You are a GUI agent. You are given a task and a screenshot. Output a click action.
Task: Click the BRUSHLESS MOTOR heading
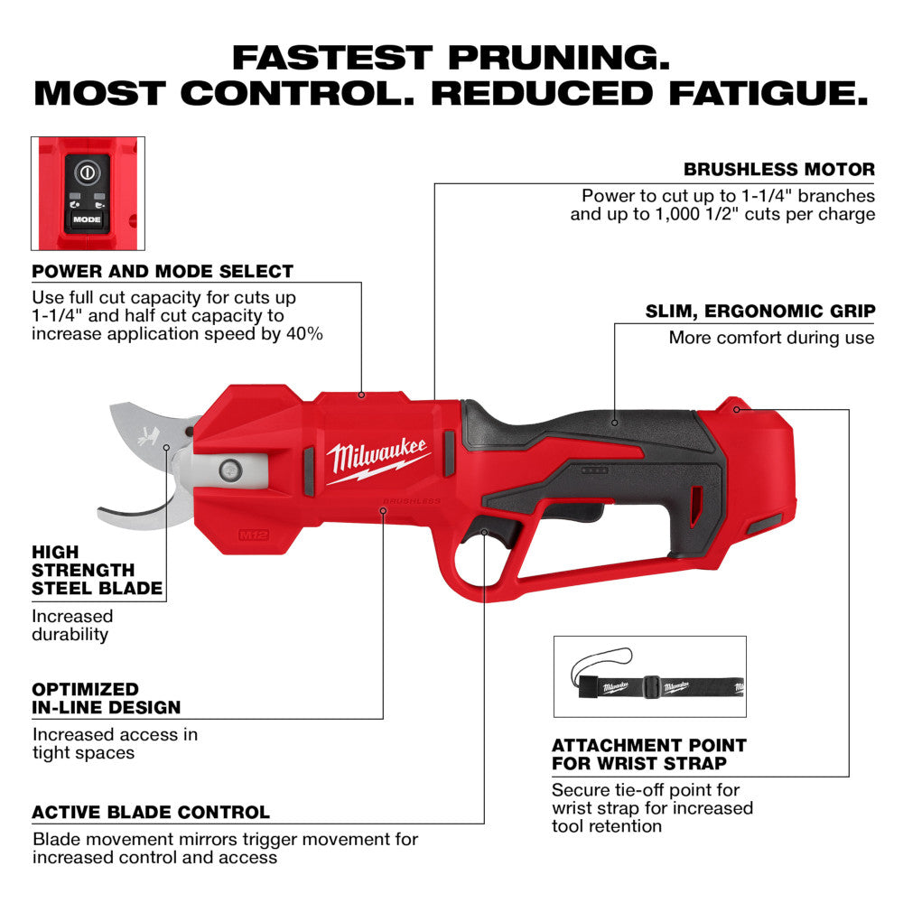779,169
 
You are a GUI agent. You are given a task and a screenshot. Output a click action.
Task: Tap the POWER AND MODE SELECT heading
163,271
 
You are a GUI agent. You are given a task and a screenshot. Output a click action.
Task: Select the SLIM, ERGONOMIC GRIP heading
759,312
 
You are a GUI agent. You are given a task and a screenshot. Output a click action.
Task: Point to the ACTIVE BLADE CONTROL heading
151,813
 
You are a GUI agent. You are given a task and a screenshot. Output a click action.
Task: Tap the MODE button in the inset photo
88,219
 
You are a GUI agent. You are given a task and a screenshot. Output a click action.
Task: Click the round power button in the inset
88,171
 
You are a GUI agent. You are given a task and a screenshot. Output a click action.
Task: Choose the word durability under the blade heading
70,635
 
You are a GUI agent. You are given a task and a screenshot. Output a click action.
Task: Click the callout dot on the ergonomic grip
614,420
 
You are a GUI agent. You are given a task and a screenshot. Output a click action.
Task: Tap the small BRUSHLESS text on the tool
412,499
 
